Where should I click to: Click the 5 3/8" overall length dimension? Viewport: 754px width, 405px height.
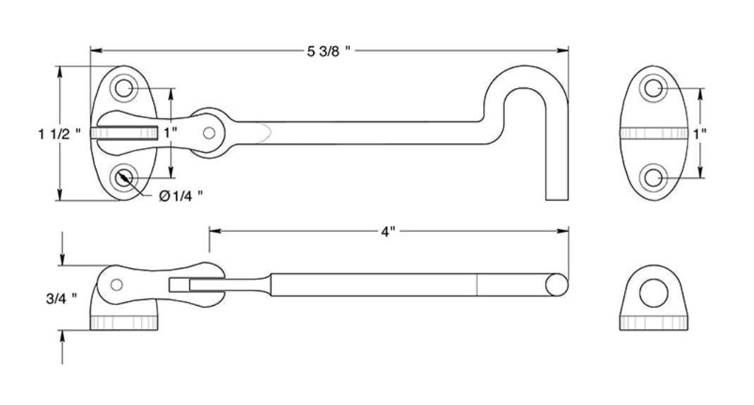(x=329, y=51)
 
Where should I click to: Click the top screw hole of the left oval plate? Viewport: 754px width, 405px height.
(x=124, y=88)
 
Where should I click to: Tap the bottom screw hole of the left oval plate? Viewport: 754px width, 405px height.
(x=124, y=177)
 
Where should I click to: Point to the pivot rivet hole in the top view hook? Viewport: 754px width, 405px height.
(x=209, y=132)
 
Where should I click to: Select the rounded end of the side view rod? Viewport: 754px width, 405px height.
(x=558, y=284)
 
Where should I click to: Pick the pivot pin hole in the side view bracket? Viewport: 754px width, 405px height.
(x=117, y=285)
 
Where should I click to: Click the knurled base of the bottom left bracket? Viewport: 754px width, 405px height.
(x=124, y=323)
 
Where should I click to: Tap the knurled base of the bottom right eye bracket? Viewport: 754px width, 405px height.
(x=654, y=323)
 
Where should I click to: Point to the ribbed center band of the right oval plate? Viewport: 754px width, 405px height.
(x=654, y=133)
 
